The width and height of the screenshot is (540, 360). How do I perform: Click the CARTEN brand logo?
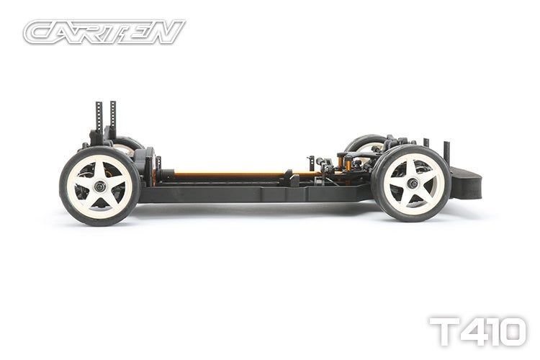104,32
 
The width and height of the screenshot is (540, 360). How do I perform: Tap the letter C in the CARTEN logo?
40,32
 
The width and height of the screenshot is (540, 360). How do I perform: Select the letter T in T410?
444,332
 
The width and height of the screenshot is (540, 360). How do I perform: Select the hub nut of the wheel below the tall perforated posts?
99,186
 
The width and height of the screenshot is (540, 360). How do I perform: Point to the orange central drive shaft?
230,174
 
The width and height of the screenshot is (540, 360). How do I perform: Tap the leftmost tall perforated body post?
99,119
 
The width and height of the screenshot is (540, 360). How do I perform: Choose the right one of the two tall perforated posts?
112,119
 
